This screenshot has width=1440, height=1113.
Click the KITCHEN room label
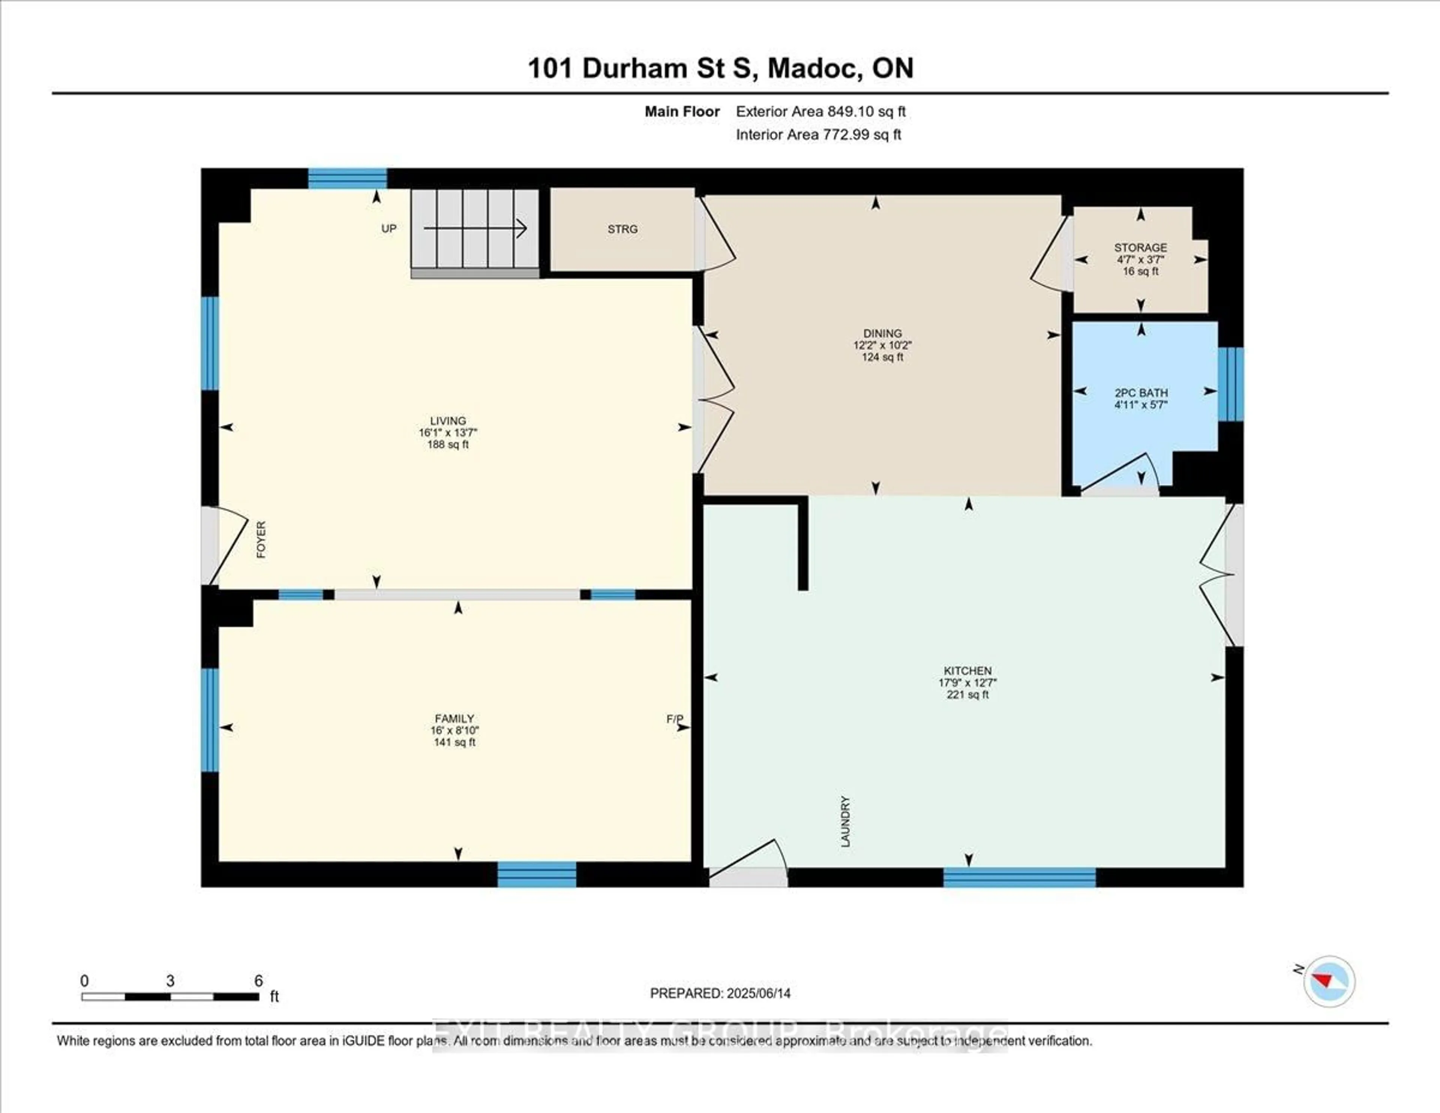967,670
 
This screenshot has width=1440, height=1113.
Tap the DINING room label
882,333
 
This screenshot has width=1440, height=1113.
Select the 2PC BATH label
1141,393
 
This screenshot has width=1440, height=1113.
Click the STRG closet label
622,229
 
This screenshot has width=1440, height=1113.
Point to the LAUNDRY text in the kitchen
845,821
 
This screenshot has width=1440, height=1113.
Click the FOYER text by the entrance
261,540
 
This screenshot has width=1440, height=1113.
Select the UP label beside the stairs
389,228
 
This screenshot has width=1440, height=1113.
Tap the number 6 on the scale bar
258,981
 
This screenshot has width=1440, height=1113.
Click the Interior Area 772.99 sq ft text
818,135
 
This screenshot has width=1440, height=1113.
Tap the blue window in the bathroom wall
1230,384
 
